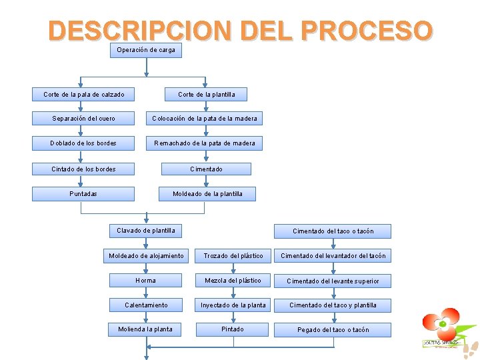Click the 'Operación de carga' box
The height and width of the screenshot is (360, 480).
click(145, 51)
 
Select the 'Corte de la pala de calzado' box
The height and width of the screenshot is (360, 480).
click(83, 95)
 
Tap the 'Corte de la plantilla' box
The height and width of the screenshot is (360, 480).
click(206, 95)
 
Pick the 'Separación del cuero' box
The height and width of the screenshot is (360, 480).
click(83, 119)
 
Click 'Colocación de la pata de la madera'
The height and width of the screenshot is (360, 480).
click(204, 119)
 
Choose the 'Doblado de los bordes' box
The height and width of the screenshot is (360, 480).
click(83, 143)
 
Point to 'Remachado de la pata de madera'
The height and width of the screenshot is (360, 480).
click(204, 143)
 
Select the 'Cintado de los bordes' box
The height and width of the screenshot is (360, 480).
click(83, 169)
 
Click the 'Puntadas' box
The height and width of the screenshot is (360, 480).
click(83, 194)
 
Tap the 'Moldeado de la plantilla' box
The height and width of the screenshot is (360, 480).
click(207, 194)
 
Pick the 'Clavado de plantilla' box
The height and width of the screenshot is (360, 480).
click(146, 231)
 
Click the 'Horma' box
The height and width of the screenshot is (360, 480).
click(145, 281)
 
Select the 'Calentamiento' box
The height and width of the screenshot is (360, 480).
click(145, 305)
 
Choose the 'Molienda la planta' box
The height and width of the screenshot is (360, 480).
click(145, 329)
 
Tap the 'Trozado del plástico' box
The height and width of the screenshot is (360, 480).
click(233, 256)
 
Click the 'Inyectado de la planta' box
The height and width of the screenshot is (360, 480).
click(233, 305)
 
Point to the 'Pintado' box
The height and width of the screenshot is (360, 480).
click(233, 329)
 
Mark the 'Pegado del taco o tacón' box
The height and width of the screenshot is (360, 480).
click(333, 330)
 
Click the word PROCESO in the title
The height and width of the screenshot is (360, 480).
click(367, 31)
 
